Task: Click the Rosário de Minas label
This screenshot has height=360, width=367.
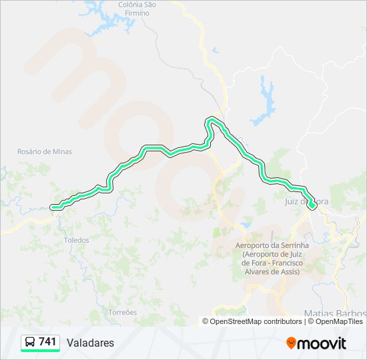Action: tap(44, 151)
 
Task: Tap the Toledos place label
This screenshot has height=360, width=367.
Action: tap(75, 239)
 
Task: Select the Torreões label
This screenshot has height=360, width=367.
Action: tap(122, 312)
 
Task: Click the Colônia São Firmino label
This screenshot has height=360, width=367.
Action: tap(137, 9)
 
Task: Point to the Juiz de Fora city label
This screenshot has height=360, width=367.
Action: tap(307, 201)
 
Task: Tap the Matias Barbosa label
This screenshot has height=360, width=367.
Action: tap(334, 313)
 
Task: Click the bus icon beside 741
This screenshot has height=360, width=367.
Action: tap(31, 342)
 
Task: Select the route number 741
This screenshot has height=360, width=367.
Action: tap(47, 342)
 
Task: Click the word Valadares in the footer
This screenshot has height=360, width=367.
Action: tap(90, 343)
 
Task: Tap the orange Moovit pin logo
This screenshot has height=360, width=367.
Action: tap(291, 343)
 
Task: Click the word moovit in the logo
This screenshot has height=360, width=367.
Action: tap(322, 343)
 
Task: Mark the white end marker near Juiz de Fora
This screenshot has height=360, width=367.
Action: tap(312, 206)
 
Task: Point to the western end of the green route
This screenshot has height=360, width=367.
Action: tap(55, 207)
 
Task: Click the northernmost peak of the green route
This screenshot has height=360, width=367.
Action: tap(212, 119)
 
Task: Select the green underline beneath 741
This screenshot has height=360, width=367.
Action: tap(40, 351)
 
